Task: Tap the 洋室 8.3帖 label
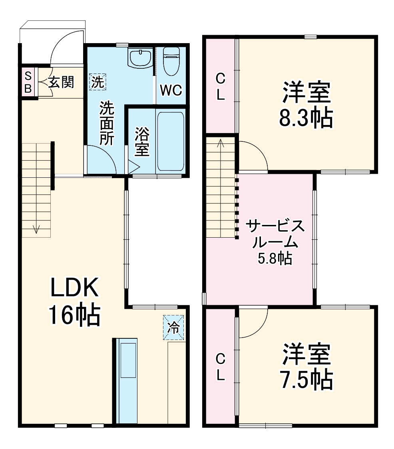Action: click(306, 105)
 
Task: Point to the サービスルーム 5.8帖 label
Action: click(275, 241)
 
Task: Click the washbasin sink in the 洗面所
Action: click(140, 58)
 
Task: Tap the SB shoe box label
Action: click(28, 82)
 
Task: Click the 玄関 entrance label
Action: click(61, 82)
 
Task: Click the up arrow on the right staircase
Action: click(220, 143)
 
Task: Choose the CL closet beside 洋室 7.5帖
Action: click(220, 366)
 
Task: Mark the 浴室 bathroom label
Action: click(142, 141)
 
